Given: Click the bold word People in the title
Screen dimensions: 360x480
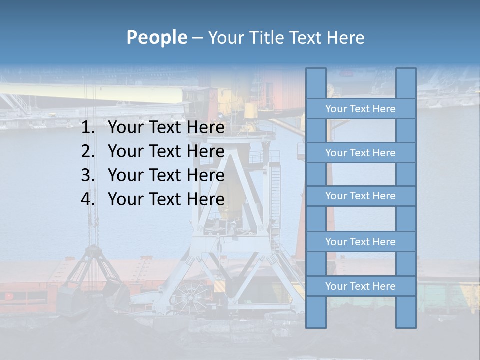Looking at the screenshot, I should [x=156, y=37].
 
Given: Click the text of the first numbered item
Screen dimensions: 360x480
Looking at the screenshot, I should [x=166, y=128].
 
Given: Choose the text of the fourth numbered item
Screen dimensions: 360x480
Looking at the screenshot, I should [x=166, y=199].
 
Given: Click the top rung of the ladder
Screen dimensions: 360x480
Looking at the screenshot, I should [x=360, y=109].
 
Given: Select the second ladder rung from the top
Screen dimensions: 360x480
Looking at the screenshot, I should [x=360, y=153].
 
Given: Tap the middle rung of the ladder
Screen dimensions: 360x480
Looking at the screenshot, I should [x=360, y=196].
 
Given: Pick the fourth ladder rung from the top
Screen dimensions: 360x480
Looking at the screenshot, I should [x=360, y=242].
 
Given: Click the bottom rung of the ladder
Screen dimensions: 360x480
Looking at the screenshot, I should [x=360, y=286].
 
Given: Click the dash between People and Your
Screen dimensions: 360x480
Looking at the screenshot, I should [x=197, y=38].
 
